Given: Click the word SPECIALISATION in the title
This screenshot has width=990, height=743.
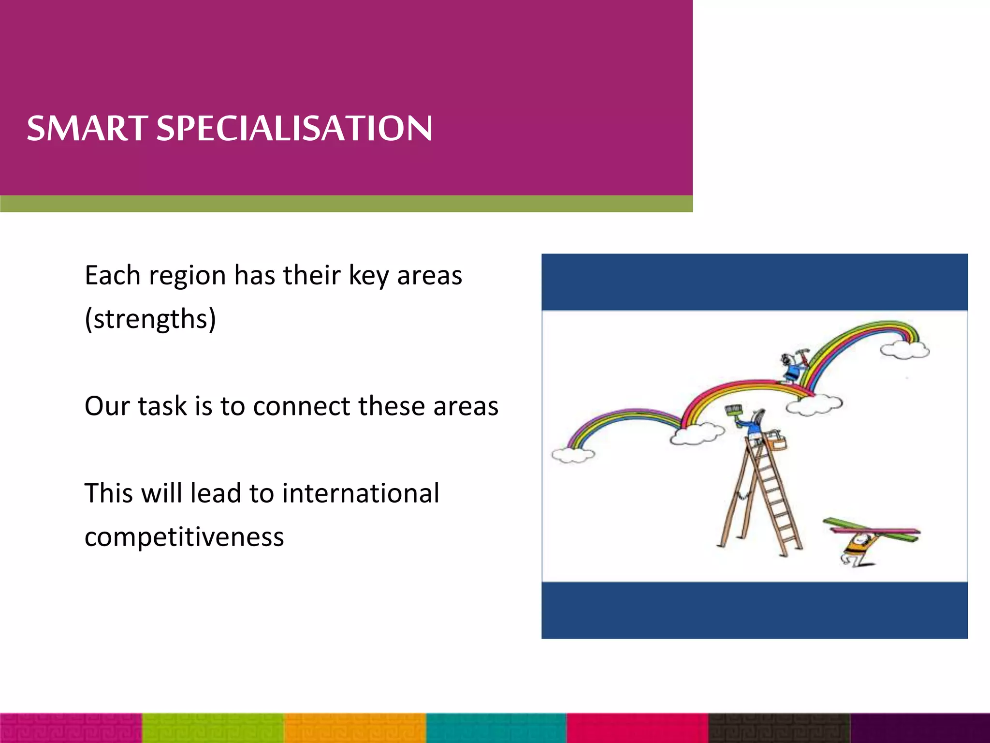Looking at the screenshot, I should click(x=294, y=129).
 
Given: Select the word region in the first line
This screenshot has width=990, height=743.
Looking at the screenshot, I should click(x=187, y=276).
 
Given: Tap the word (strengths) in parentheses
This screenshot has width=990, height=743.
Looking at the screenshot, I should click(x=150, y=319).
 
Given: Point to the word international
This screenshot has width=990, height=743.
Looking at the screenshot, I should click(x=361, y=493).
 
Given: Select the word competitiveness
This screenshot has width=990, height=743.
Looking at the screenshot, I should click(x=184, y=537).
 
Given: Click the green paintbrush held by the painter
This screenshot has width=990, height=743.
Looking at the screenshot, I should click(x=733, y=413).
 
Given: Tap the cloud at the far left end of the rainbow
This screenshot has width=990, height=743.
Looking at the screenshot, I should click(x=573, y=455).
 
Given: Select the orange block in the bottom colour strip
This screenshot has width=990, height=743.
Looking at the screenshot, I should click(x=355, y=728).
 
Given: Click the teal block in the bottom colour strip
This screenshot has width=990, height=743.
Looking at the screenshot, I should click(x=496, y=728).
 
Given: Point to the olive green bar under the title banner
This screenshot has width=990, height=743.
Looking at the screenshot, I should click(x=346, y=204).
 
